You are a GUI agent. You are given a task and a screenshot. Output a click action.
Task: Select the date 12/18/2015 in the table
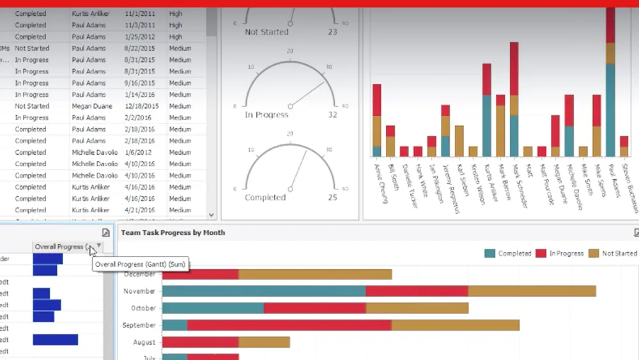[x=142, y=106]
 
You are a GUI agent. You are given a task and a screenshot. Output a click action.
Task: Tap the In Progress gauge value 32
[x=332, y=115]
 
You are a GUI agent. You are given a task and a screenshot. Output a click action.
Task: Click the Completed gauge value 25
[x=332, y=198]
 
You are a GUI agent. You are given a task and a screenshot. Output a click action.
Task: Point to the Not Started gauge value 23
[x=332, y=32]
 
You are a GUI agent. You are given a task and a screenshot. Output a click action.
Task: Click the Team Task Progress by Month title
[x=173, y=233]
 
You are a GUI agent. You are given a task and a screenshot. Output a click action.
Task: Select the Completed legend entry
[x=509, y=253]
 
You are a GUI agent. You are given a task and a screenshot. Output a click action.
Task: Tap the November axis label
[x=140, y=291]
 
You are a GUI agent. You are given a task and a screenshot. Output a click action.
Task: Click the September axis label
[x=139, y=325]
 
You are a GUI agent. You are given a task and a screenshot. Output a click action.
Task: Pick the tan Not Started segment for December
[x=315, y=274]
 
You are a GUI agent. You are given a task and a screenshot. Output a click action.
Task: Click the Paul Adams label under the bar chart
[x=614, y=182]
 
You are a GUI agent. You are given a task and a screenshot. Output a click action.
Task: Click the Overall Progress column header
[x=61, y=247]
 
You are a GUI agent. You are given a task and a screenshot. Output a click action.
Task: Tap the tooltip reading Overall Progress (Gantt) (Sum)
[x=141, y=264]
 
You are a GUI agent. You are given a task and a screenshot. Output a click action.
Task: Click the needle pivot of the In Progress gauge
[x=290, y=106]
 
